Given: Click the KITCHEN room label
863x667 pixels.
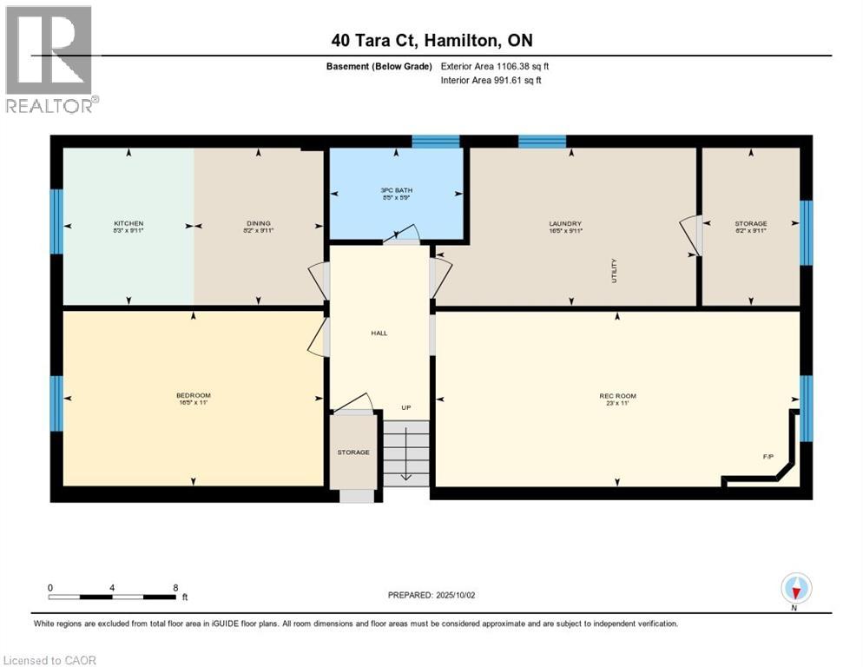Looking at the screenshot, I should point(128,223).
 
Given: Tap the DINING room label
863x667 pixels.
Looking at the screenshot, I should point(258,223).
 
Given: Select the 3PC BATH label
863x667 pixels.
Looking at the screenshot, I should point(396,191).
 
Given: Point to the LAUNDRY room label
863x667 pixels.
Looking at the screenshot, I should point(570,223).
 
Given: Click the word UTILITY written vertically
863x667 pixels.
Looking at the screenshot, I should point(614,272).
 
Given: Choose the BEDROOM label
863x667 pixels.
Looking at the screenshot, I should point(193,395).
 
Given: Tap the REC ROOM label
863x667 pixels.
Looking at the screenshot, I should point(616,395).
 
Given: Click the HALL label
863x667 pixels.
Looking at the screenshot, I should point(379,333).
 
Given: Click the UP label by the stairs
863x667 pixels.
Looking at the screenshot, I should point(405,407).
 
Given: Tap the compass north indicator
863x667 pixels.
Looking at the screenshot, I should point(796,589).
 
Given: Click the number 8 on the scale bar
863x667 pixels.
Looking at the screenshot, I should point(175,587).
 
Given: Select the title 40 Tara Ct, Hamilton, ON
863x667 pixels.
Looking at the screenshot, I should point(431,40).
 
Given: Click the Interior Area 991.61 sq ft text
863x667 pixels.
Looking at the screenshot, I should point(495,81).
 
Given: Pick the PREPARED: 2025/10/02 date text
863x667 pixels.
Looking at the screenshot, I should point(431,595).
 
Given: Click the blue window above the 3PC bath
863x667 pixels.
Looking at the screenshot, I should point(435,141).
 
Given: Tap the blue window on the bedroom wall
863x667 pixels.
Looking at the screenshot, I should point(56,403).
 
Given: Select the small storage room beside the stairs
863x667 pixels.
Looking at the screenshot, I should point(354,452).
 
